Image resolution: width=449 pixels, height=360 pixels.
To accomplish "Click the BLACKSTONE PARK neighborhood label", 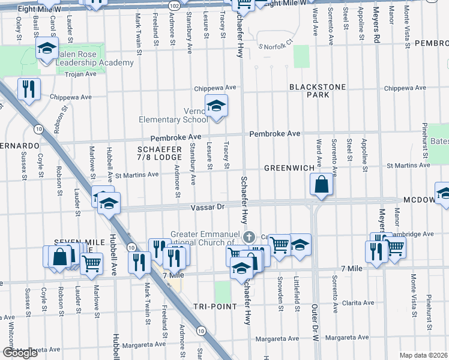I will point(318,91).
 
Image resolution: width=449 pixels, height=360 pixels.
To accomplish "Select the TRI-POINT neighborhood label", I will point(212,307).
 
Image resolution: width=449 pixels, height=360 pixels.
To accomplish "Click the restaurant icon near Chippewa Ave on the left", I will point(29,89).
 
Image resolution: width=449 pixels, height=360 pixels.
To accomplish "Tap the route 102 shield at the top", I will point(174,5).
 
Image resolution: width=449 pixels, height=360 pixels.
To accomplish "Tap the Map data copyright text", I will point(424,355).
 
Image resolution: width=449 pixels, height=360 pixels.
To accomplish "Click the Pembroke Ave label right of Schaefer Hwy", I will point(275,133).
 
